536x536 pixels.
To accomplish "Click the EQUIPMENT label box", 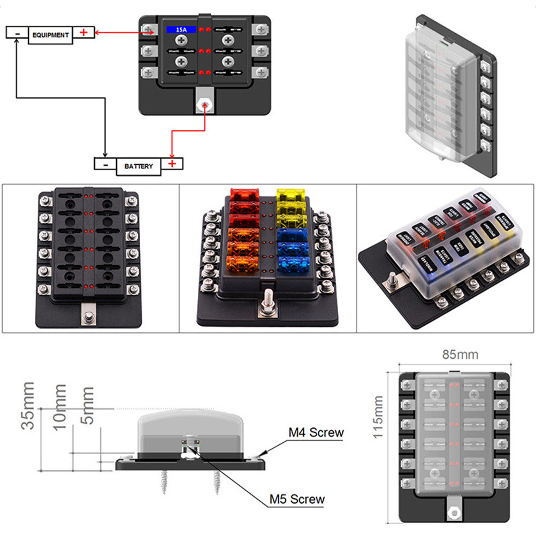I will pyautogui.click(x=50, y=35).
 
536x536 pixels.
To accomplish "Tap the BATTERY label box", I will pyautogui.click(x=139, y=166).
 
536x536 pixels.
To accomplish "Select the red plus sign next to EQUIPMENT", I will pyautogui.click(x=83, y=33).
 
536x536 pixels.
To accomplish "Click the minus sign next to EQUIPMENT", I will pyautogui.click(x=18, y=33).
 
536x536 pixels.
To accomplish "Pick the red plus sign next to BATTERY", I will pyautogui.click(x=172, y=164).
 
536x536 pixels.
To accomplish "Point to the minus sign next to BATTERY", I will pyautogui.click(x=105, y=164).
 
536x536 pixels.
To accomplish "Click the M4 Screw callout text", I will pyautogui.click(x=316, y=432).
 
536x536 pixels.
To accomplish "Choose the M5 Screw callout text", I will pyautogui.click(x=298, y=499).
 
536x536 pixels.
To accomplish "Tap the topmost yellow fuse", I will pyautogui.click(x=290, y=194).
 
